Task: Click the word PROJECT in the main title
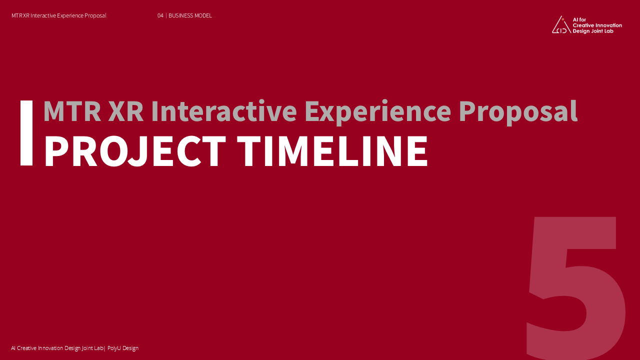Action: coord(135,151)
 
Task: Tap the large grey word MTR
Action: coord(72,111)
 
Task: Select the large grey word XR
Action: coord(125,111)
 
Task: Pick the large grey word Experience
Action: coord(378,112)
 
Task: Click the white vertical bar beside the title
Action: coord(26,133)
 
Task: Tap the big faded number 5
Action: coord(575,288)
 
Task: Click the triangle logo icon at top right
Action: coord(561,25)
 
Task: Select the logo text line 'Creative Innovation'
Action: coord(597,25)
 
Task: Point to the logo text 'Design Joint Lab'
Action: coord(593,31)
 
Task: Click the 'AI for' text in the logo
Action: coord(579,19)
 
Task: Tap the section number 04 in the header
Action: coord(160,15)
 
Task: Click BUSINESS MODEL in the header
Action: coord(190,15)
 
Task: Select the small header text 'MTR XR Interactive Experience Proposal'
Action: coord(59,15)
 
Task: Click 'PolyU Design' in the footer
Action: coord(123,348)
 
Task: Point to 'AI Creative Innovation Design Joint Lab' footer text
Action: coord(57,348)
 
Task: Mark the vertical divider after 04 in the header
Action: coord(166,15)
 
